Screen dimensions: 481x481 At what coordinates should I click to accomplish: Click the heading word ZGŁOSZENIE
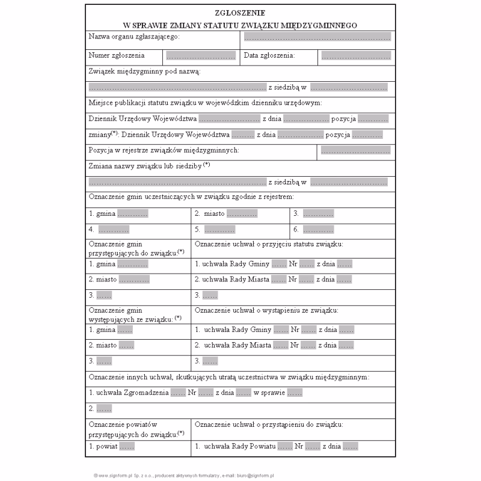pos(240,12)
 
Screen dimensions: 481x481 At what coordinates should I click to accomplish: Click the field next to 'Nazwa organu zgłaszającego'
pos(317,37)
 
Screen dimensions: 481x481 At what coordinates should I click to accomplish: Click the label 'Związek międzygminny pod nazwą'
pos(144,72)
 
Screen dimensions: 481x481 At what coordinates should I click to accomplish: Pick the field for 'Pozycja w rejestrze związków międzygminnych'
pos(355,150)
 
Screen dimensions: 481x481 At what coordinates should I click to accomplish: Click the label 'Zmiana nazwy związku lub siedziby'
pos(146,165)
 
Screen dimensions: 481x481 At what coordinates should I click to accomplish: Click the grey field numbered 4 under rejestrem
pos(114,229)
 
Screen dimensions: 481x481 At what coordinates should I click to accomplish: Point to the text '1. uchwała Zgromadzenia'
pos(129,393)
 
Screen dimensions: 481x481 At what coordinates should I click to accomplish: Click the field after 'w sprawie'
pos(294,393)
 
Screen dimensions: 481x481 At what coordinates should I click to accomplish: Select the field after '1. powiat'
pos(127,447)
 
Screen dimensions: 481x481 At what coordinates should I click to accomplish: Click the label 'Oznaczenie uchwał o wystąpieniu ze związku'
pos(266,311)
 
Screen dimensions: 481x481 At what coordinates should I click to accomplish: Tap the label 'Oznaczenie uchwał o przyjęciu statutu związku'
pos(269,244)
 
